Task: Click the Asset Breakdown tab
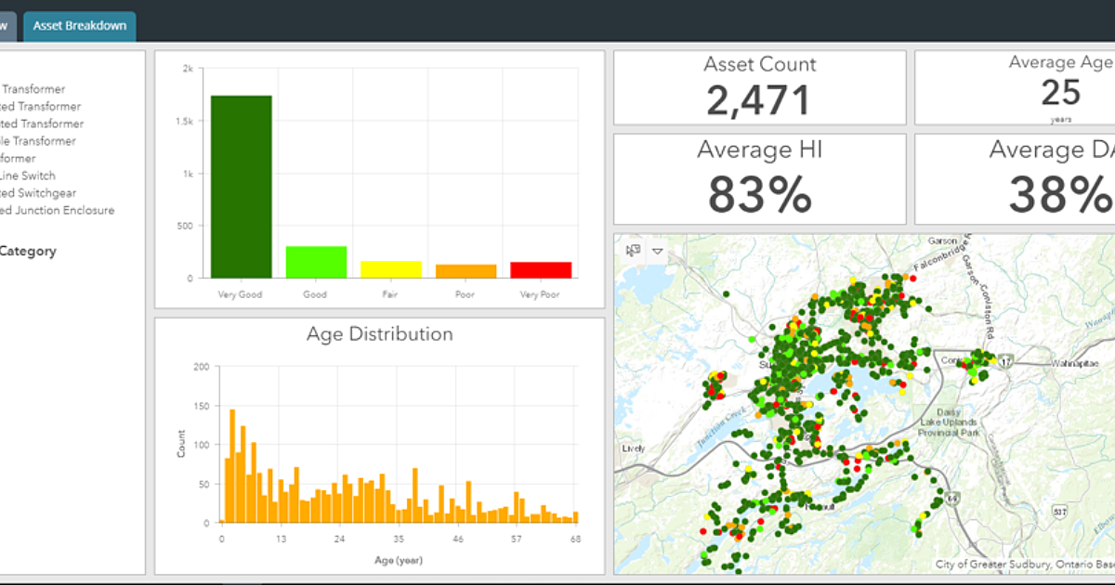pos(80,26)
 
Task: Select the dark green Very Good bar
pos(242,186)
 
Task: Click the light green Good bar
pos(316,262)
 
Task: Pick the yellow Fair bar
pos(391,269)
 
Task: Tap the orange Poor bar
pos(466,271)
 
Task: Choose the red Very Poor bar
pos(541,269)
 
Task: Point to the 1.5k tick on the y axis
pos(187,122)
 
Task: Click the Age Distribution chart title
pos(380,334)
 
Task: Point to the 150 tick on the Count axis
pos(202,406)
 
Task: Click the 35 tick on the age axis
pos(400,539)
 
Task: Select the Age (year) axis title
pos(399,560)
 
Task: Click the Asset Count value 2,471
pos(759,100)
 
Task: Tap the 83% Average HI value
pos(759,194)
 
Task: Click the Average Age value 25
pos(1060,93)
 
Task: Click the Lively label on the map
pos(634,448)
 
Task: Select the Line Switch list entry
pos(28,175)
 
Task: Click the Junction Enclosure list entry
pos(58,210)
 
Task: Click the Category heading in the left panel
pos(28,251)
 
